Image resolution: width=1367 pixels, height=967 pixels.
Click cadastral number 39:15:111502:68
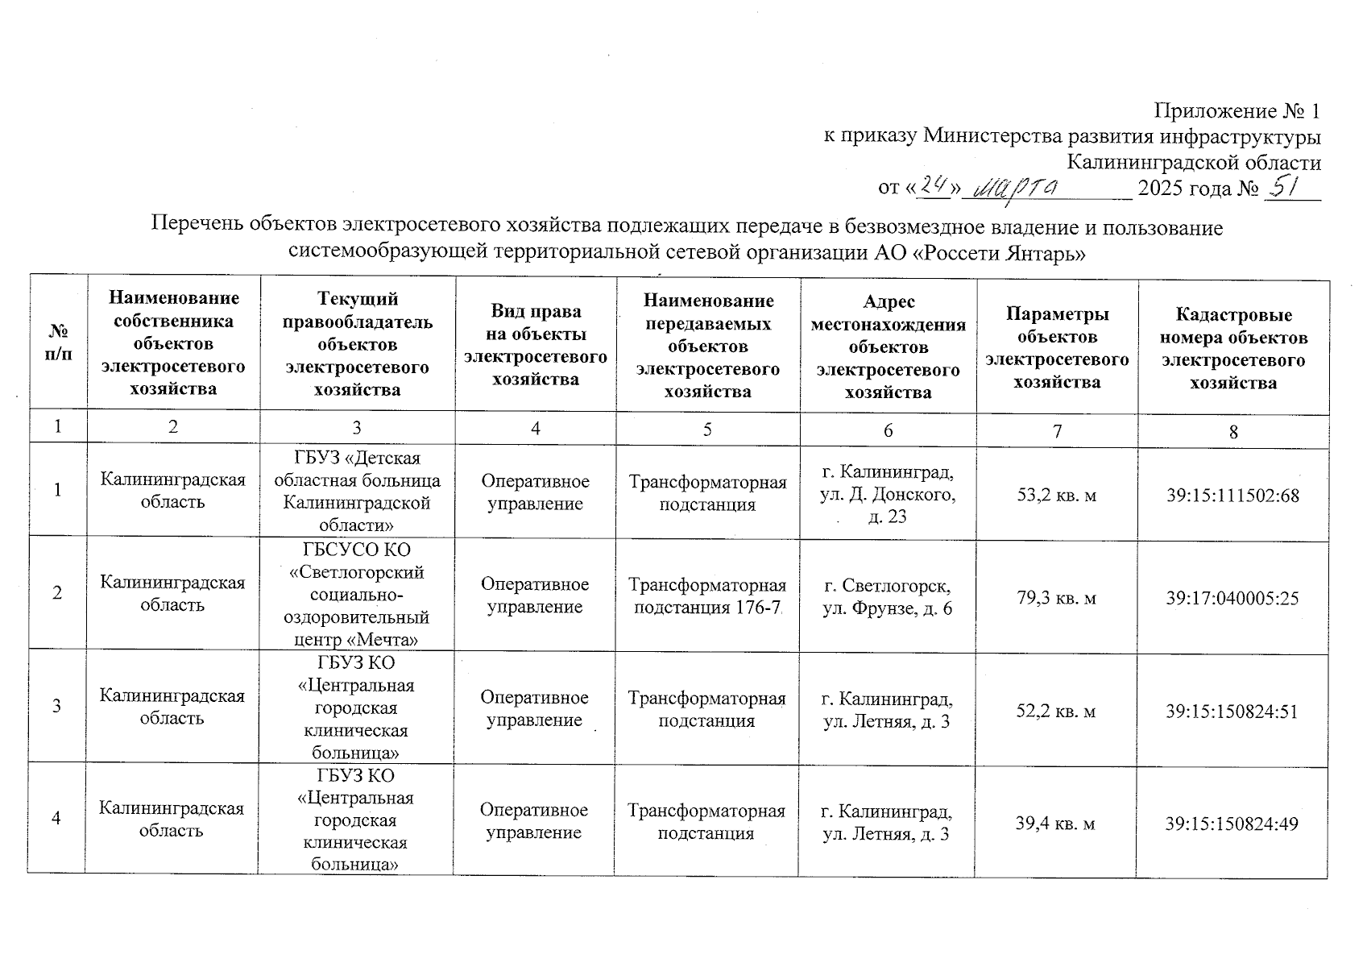(x=1232, y=496)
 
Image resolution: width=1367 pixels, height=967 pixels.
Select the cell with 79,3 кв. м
(x=1057, y=598)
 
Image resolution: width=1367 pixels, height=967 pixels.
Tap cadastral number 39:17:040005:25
(x=1232, y=598)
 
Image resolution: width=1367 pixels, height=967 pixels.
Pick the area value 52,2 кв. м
(x=1056, y=711)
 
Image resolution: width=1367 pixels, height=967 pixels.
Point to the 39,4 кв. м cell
(x=1055, y=824)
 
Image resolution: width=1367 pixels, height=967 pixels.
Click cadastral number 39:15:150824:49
(x=1232, y=824)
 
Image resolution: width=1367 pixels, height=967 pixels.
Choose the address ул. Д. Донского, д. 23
(x=888, y=494)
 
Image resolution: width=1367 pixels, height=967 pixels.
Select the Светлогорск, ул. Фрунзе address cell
(x=888, y=597)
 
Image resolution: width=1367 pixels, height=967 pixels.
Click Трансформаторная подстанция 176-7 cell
(x=707, y=596)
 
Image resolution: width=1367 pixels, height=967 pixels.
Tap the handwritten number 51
(x=1286, y=187)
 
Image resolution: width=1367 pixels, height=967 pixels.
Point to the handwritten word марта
(x=1017, y=189)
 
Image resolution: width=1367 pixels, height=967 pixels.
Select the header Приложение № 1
(x=1237, y=110)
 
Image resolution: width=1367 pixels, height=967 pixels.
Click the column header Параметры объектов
(x=1057, y=347)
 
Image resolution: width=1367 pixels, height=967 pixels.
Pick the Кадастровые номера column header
(x=1232, y=347)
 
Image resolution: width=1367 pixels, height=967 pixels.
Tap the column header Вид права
(x=535, y=345)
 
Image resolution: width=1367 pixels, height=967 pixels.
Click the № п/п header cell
(x=58, y=342)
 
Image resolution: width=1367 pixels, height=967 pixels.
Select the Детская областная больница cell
(x=357, y=492)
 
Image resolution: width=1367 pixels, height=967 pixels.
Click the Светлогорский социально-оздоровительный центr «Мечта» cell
(x=357, y=596)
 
